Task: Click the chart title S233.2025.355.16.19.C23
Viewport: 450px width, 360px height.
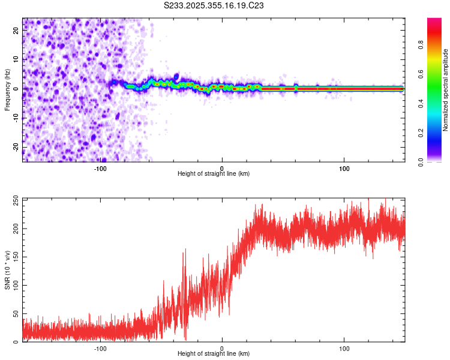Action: click(214, 5)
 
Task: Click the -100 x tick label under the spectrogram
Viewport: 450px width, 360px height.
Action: click(100, 169)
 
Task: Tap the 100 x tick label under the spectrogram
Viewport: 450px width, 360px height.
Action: click(344, 169)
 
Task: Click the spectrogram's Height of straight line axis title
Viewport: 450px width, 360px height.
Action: click(214, 174)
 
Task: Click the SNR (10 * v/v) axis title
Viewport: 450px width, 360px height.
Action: click(7, 270)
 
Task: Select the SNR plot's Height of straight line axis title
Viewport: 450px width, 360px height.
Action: click(214, 354)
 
